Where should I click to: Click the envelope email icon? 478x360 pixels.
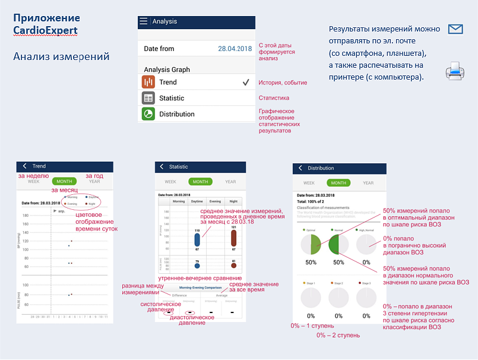click(x=455, y=29)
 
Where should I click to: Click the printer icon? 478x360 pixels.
click(x=455, y=71)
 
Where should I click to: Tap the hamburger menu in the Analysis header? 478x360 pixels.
click(x=143, y=21)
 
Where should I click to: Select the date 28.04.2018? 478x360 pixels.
click(x=235, y=49)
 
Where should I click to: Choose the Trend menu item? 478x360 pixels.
click(x=168, y=83)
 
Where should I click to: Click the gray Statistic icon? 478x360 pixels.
click(x=148, y=98)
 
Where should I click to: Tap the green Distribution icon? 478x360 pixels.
click(x=148, y=114)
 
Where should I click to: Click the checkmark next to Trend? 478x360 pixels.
click(x=245, y=83)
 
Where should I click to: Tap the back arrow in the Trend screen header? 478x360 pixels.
click(x=24, y=166)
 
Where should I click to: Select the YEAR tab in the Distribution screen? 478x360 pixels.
click(x=368, y=183)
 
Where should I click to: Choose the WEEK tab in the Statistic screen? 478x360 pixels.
click(x=170, y=182)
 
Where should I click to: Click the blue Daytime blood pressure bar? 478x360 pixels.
click(x=197, y=240)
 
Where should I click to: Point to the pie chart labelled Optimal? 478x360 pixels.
click(x=310, y=244)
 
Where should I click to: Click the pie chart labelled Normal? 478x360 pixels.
click(x=338, y=244)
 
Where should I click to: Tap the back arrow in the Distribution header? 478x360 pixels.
click(x=300, y=168)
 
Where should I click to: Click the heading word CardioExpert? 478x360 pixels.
click(x=46, y=30)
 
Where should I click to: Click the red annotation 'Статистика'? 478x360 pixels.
click(x=274, y=98)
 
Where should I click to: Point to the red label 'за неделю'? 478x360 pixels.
click(x=33, y=176)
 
